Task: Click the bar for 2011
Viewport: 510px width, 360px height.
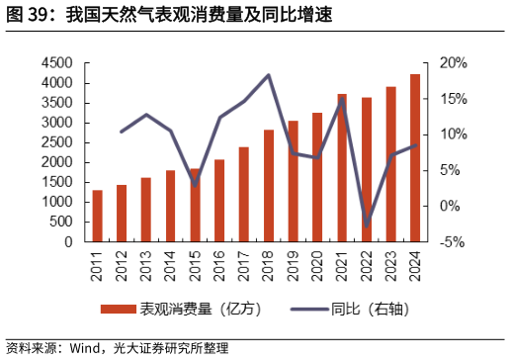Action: [97, 216]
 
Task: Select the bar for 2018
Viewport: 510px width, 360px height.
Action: [269, 186]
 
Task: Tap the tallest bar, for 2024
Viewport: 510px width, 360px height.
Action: [415, 158]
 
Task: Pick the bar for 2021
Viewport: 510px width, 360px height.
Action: [342, 168]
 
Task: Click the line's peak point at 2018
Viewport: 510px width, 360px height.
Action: [269, 75]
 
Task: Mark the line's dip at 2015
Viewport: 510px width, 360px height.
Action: [195, 184]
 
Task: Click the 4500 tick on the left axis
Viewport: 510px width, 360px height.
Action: [57, 63]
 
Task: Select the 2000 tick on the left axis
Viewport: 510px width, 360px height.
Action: [57, 162]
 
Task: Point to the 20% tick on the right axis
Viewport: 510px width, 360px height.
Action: [453, 63]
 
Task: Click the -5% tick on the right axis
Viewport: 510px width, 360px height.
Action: [453, 241]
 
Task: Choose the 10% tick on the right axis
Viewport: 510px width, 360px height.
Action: [453, 135]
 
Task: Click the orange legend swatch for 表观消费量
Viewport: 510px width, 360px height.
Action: [120, 309]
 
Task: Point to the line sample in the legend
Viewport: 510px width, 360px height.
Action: [310, 309]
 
